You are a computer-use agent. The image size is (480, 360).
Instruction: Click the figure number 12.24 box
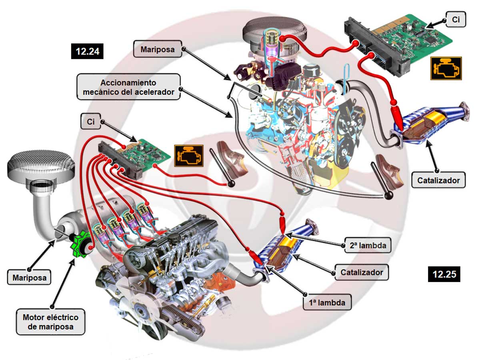[x=87, y=51]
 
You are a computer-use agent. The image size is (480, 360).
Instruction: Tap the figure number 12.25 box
[x=444, y=274]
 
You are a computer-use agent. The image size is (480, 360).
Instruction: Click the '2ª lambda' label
[x=367, y=245]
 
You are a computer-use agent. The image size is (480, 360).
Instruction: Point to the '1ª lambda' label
[x=327, y=302]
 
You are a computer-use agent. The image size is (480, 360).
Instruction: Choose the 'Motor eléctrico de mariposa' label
[x=50, y=322]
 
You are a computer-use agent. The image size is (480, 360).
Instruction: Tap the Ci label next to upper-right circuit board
[x=456, y=19]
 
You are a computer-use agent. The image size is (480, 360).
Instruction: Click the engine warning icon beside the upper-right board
[x=446, y=68]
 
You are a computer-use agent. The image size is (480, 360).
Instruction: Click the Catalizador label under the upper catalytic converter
[x=438, y=180]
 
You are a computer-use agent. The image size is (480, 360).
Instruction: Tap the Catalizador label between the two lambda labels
[x=362, y=273]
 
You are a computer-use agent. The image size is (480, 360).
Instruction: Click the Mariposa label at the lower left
[x=30, y=277]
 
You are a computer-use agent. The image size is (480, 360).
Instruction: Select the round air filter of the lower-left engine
[x=40, y=164]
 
